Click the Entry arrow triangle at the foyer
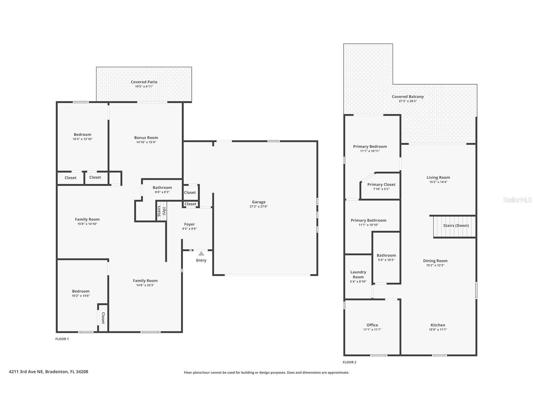click(201, 253)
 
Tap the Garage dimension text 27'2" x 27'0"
click(258, 207)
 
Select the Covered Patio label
click(144, 82)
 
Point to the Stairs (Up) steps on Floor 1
click(161, 211)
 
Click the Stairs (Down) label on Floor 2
click(456, 225)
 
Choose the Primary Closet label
click(381, 185)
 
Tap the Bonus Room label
click(146, 137)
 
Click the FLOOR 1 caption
click(62, 339)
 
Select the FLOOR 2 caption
click(350, 362)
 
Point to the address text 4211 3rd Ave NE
click(48, 372)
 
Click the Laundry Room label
click(358, 275)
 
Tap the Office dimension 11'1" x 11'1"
click(372, 330)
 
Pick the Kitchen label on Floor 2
click(438, 325)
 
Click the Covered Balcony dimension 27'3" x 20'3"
click(408, 101)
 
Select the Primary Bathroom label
click(368, 220)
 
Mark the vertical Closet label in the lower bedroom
click(103, 318)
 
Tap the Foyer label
click(189, 224)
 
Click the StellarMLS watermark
click(517, 200)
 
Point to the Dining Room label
click(435, 261)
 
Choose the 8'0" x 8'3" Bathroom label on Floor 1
click(162, 188)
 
